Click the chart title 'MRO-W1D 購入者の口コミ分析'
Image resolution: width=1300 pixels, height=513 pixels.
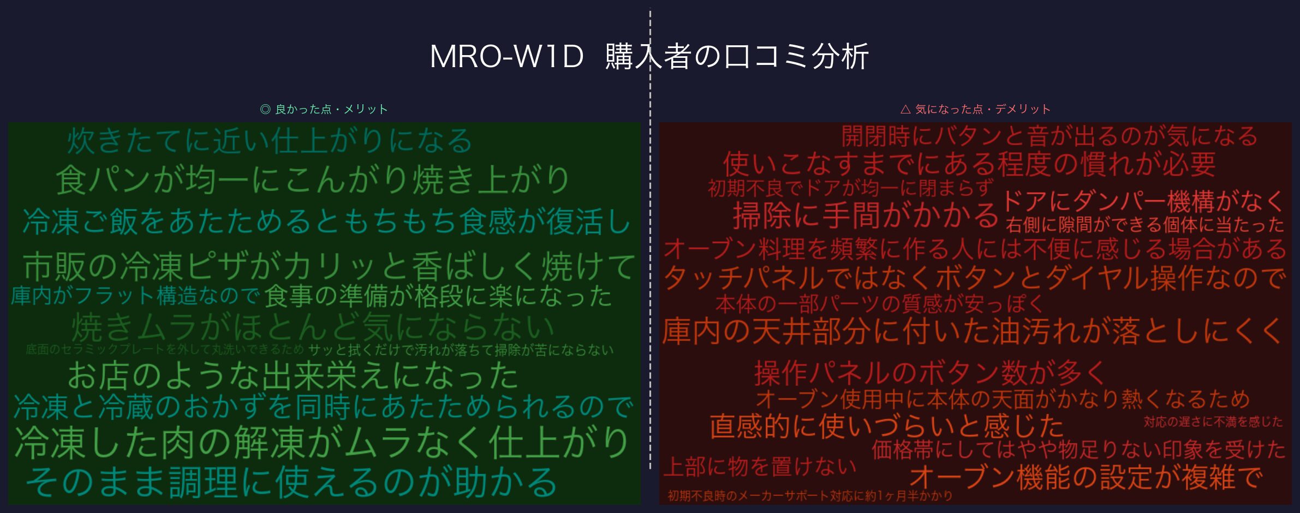coord(649,56)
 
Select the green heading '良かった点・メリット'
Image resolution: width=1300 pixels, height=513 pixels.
coord(324,109)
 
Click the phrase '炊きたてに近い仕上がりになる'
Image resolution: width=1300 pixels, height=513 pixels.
coord(270,141)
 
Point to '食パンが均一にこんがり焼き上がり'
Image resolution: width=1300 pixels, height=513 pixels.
coord(313,180)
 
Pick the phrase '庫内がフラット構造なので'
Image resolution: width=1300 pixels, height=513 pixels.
coord(134,296)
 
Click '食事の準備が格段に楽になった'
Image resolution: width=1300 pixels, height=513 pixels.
coord(438,296)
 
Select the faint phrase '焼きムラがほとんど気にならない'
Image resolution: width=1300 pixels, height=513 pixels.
coord(313,327)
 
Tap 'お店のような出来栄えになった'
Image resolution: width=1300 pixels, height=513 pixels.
coord(293,375)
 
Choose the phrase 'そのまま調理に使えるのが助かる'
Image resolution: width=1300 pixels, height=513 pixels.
coord(291,482)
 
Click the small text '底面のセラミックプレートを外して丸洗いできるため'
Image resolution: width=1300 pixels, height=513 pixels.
coord(164,349)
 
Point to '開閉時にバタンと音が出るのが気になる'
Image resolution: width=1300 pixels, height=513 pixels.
coord(1049,136)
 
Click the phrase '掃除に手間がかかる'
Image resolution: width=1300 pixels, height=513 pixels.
coord(866,215)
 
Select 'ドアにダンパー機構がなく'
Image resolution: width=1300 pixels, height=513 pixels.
coord(1142,201)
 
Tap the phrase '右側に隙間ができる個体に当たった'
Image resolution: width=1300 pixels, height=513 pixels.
coord(1144,225)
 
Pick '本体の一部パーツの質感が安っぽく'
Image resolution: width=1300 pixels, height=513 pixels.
coord(879,304)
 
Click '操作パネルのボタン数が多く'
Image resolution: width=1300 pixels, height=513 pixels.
coord(929,373)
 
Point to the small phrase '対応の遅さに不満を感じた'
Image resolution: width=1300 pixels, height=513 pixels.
coord(1213,421)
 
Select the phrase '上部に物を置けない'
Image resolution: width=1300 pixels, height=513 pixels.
coord(760,467)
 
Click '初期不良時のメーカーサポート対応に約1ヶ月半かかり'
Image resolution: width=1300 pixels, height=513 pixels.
coord(810,496)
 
